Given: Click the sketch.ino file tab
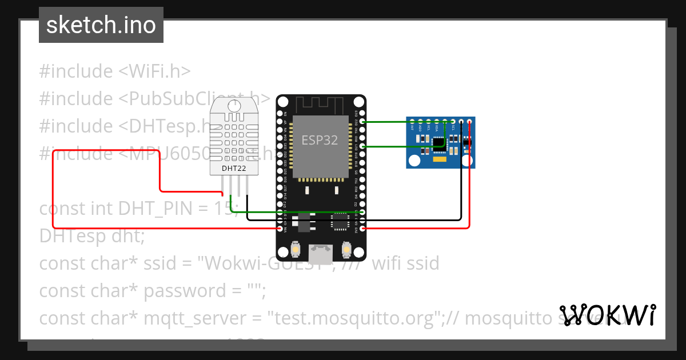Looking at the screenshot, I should pyautogui.click(x=101, y=25).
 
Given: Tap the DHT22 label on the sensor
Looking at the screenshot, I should pyautogui.click(x=234, y=168).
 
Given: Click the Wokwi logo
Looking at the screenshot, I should pyautogui.click(x=607, y=315).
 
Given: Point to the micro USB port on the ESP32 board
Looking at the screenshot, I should pyautogui.click(x=320, y=253).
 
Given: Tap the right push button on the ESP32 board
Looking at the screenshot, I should pyautogui.click(x=346, y=250).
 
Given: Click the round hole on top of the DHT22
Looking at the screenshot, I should pyautogui.click(x=234, y=105).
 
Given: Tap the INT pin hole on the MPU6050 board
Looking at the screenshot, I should pyautogui.click(x=412, y=121).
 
